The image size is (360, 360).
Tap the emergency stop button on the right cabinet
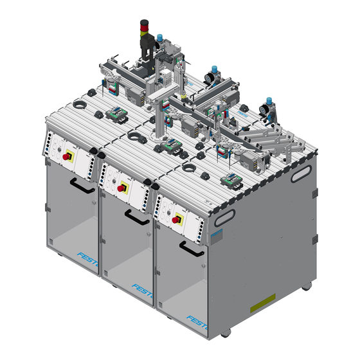(175, 219)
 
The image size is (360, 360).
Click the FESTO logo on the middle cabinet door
(143, 287)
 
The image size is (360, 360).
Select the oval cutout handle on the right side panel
(301, 172)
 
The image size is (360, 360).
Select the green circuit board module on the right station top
(231, 180)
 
